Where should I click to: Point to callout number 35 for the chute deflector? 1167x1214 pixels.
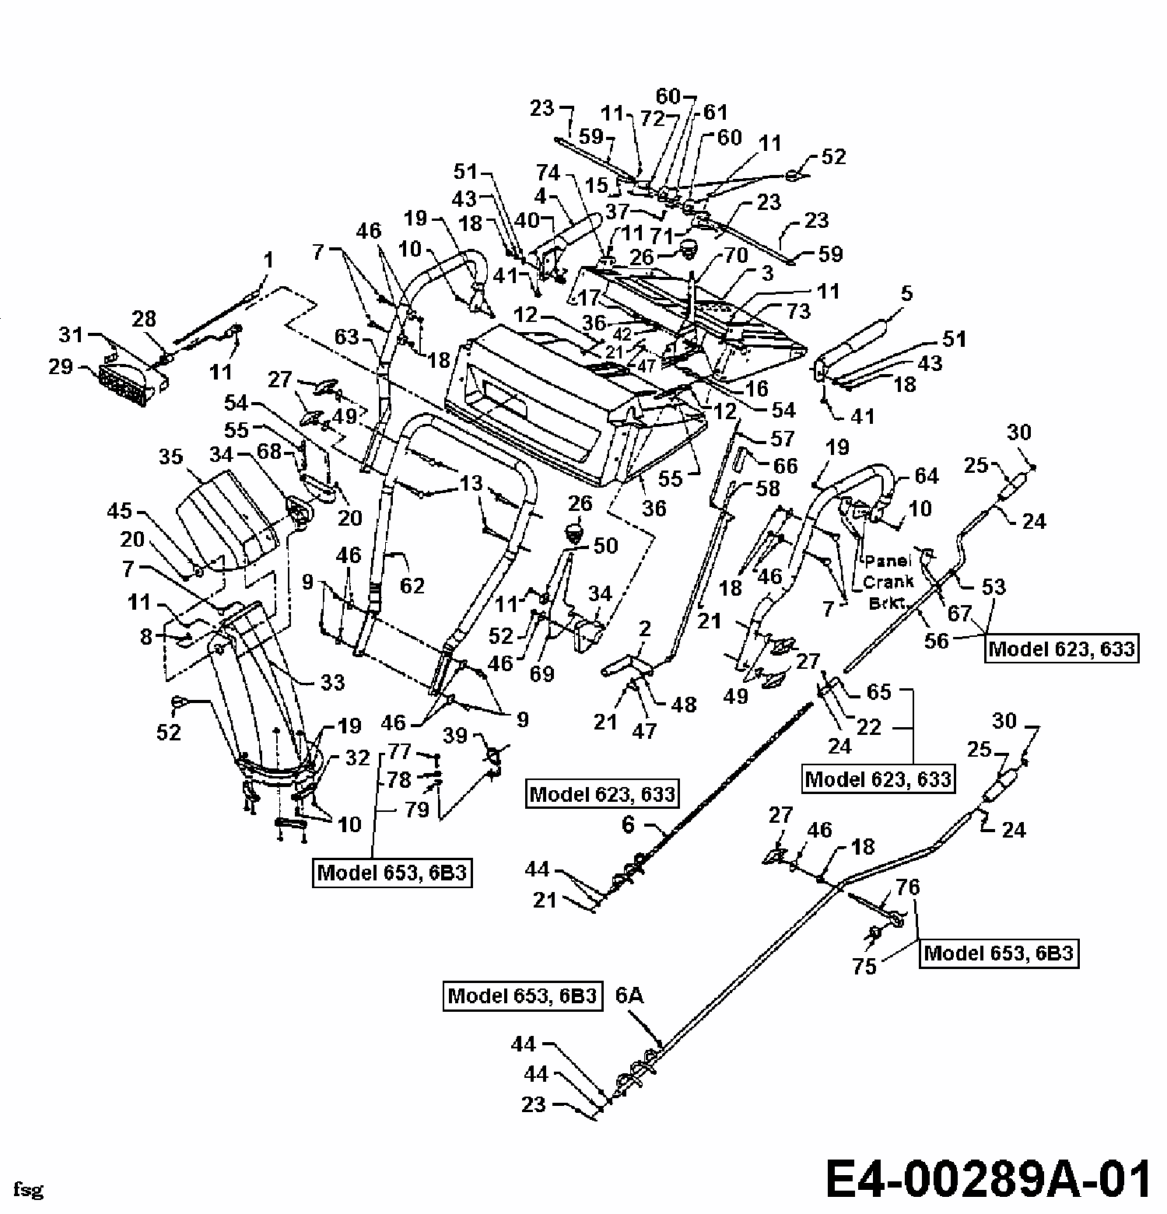(172, 456)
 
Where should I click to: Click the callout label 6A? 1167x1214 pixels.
(629, 995)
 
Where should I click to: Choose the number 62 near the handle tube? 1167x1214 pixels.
(412, 584)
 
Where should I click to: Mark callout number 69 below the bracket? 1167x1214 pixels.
(541, 673)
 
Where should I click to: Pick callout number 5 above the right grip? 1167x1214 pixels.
(906, 293)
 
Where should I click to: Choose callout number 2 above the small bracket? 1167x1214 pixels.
(644, 629)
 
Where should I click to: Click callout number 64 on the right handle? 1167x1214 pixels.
(927, 475)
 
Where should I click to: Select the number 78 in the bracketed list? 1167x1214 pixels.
(400, 778)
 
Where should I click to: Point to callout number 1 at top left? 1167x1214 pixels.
(269, 260)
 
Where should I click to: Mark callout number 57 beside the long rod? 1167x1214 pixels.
(781, 438)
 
